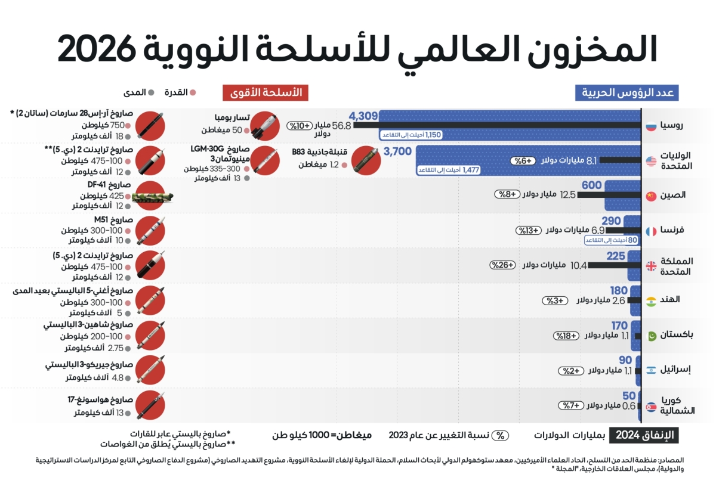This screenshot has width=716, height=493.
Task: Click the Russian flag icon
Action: pos(652,126)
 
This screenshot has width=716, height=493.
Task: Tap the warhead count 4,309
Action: pos(363,116)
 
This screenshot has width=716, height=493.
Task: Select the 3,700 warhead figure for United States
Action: pos(397,151)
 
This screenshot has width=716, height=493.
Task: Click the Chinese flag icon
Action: pos(652,196)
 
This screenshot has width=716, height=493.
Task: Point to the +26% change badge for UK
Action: pos(502,265)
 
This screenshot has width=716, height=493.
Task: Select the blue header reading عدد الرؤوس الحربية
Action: pos(627,92)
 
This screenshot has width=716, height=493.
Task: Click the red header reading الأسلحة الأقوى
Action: pos(266,92)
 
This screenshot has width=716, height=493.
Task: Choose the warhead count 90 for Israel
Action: pos(625,360)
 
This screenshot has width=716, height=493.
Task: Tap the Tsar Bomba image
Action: pos(264,125)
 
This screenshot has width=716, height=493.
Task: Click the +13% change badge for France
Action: pos(529,230)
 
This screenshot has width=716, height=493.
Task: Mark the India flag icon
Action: pos(652,300)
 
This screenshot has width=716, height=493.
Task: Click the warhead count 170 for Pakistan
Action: pos(619,325)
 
